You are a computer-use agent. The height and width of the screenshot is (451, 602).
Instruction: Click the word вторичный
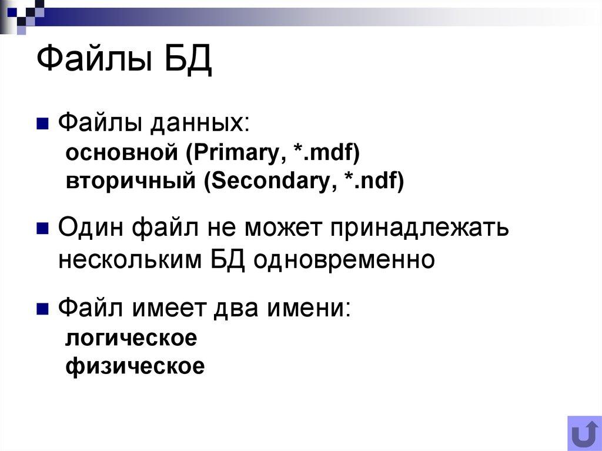(x=131, y=181)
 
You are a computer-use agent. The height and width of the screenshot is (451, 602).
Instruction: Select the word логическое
(x=131, y=339)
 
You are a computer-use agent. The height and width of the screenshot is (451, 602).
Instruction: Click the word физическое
(x=135, y=366)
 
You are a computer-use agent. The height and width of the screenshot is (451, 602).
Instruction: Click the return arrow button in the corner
(x=584, y=433)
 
